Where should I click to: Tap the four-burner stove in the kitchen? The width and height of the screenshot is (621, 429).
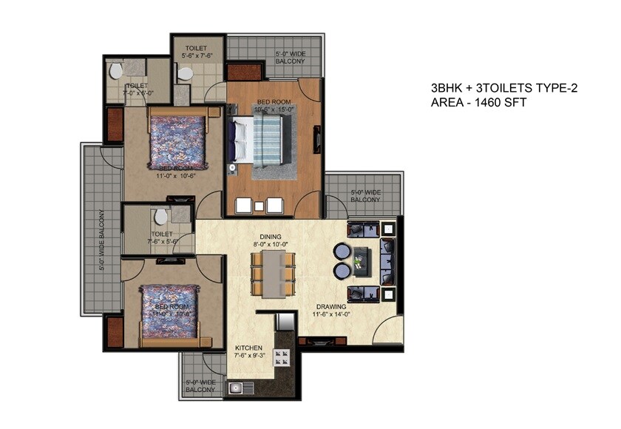(282, 359)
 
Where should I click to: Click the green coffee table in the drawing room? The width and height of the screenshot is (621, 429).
(362, 259)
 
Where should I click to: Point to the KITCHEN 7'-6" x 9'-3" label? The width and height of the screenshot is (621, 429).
(250, 351)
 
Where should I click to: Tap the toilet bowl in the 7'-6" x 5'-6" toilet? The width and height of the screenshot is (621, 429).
(160, 217)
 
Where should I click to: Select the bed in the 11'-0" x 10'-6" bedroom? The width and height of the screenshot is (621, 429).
(174, 141)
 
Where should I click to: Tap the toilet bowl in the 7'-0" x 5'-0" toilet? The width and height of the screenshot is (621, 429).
(115, 72)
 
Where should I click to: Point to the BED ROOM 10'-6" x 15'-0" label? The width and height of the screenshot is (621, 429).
(274, 106)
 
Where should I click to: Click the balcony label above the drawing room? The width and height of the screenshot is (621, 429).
(364, 196)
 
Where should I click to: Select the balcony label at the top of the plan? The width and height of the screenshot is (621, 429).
(290, 58)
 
